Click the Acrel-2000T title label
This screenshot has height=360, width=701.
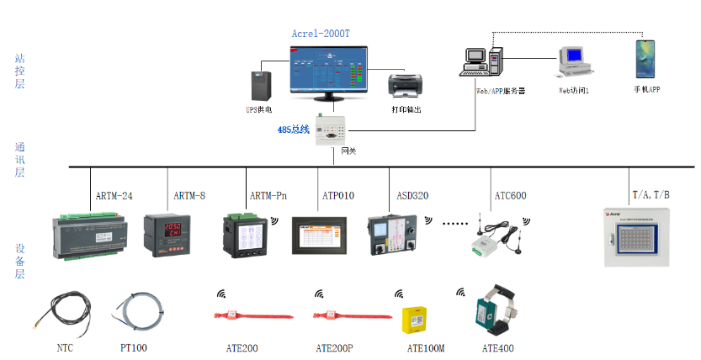320,34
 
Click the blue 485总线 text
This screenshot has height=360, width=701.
294,130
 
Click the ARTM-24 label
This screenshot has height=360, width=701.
114,196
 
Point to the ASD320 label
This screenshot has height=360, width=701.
412,196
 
